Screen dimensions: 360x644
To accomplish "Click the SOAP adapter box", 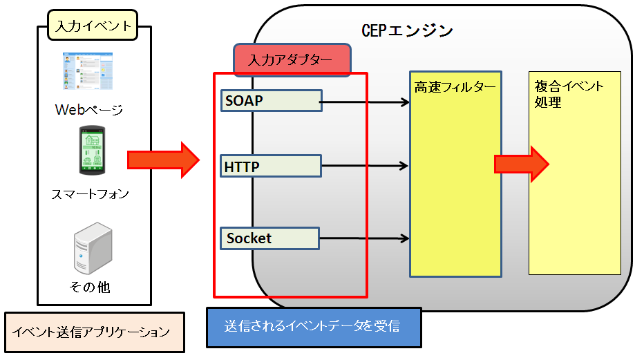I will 271,100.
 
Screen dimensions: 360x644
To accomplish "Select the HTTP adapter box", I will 271,166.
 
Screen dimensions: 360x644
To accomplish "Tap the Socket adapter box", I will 269,238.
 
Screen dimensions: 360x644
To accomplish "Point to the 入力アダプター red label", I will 292,59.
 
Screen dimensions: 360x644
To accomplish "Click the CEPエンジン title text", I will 408,31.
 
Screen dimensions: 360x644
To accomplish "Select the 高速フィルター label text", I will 455,88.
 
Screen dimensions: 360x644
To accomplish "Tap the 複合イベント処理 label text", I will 568,95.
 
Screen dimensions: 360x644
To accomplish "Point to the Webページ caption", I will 89,110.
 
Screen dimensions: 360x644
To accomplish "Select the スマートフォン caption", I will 90,194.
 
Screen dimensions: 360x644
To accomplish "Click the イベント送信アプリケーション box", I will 94,332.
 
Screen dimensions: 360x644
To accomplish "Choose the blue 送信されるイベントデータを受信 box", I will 314,326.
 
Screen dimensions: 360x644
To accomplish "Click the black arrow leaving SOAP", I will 366,103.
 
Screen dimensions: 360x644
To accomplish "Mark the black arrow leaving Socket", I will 364,239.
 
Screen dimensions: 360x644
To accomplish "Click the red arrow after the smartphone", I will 163,160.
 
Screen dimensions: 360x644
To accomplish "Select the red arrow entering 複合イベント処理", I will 521,164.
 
